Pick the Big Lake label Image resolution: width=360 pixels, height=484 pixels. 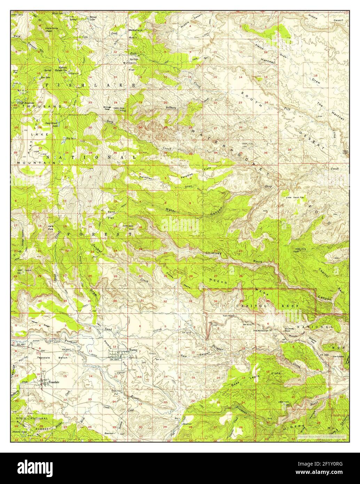click(71, 138)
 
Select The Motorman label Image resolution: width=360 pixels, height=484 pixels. click(260, 330)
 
